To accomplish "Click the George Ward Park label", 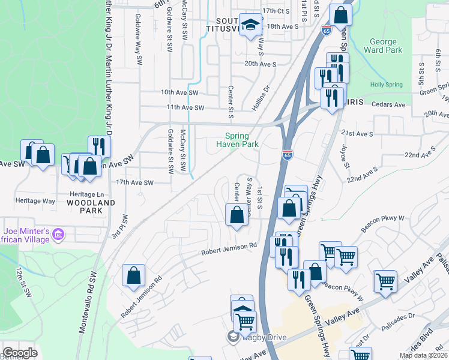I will point(383,46).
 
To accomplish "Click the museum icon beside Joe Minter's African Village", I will point(59,233).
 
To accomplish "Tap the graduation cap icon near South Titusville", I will point(250,25).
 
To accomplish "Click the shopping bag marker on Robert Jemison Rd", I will point(133,275).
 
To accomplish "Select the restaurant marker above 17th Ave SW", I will point(99,146).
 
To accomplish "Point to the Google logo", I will point(20,352).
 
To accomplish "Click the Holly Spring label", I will point(385,85).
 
